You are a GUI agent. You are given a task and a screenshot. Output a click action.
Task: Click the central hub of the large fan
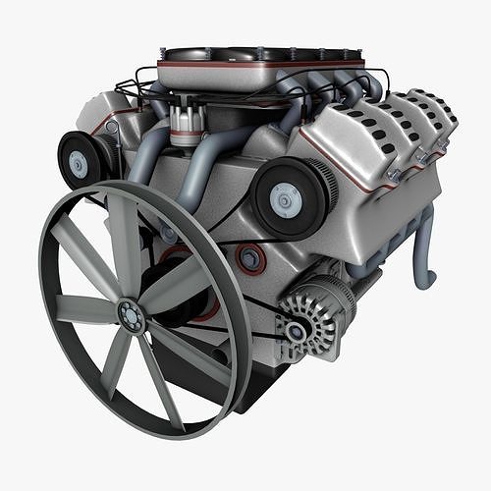click(130, 315)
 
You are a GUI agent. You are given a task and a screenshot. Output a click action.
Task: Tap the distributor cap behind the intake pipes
click(182, 120)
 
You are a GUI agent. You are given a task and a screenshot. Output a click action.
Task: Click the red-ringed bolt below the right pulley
click(250, 259)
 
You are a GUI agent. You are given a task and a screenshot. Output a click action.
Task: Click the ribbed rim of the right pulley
click(324, 192)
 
